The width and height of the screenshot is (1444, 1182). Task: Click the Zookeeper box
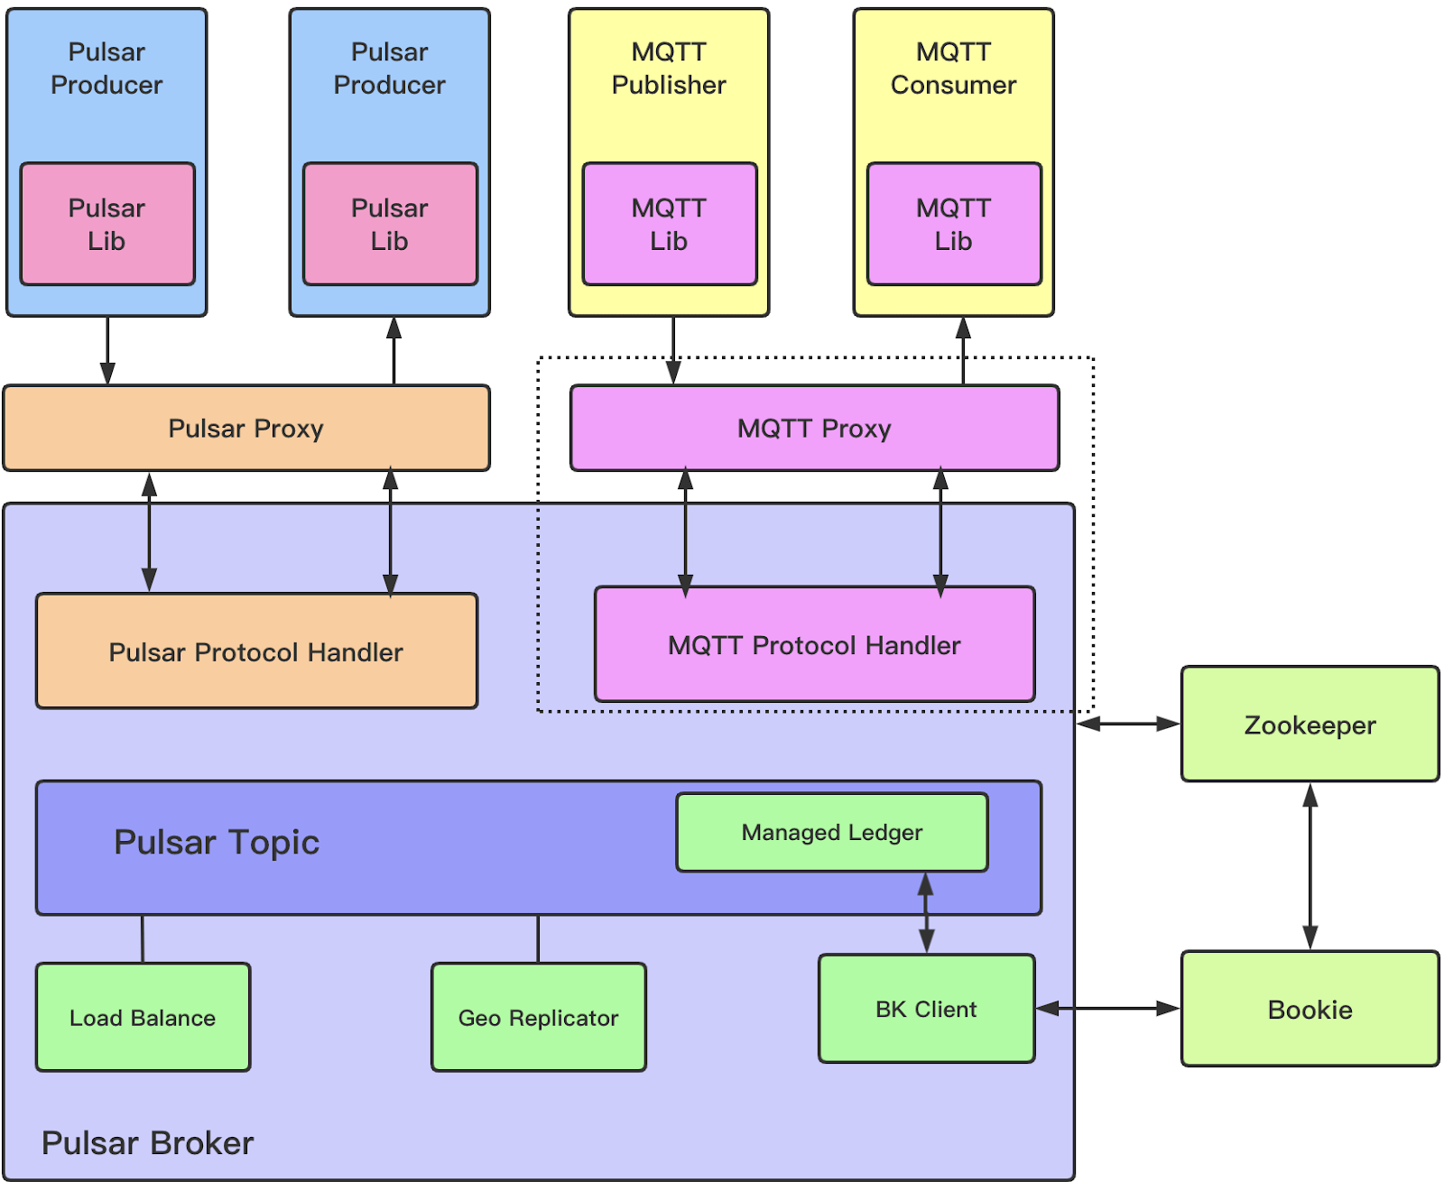(1310, 724)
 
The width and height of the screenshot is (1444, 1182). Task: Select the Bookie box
(1310, 1008)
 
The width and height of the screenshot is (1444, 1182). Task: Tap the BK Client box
(926, 1008)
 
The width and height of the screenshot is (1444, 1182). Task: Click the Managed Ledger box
(831, 832)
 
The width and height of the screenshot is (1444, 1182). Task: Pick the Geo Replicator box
(538, 1017)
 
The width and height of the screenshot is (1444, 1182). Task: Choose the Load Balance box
(143, 1017)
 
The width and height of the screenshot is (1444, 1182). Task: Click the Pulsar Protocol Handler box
(255, 651)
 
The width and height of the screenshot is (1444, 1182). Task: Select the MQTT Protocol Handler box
(814, 644)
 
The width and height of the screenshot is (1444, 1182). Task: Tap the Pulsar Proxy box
(245, 428)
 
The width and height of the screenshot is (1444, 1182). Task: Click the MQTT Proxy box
(814, 428)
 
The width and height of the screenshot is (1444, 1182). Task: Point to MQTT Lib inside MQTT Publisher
(669, 224)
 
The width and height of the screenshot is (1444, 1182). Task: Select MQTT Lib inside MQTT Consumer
(954, 224)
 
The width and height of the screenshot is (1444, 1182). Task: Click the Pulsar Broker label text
(147, 1143)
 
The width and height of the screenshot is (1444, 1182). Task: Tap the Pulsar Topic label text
(217, 842)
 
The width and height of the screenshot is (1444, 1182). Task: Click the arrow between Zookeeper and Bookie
(1310, 866)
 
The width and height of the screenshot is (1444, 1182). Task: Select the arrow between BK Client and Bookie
(1107, 1008)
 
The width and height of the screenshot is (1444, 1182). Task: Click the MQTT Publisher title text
(669, 68)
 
